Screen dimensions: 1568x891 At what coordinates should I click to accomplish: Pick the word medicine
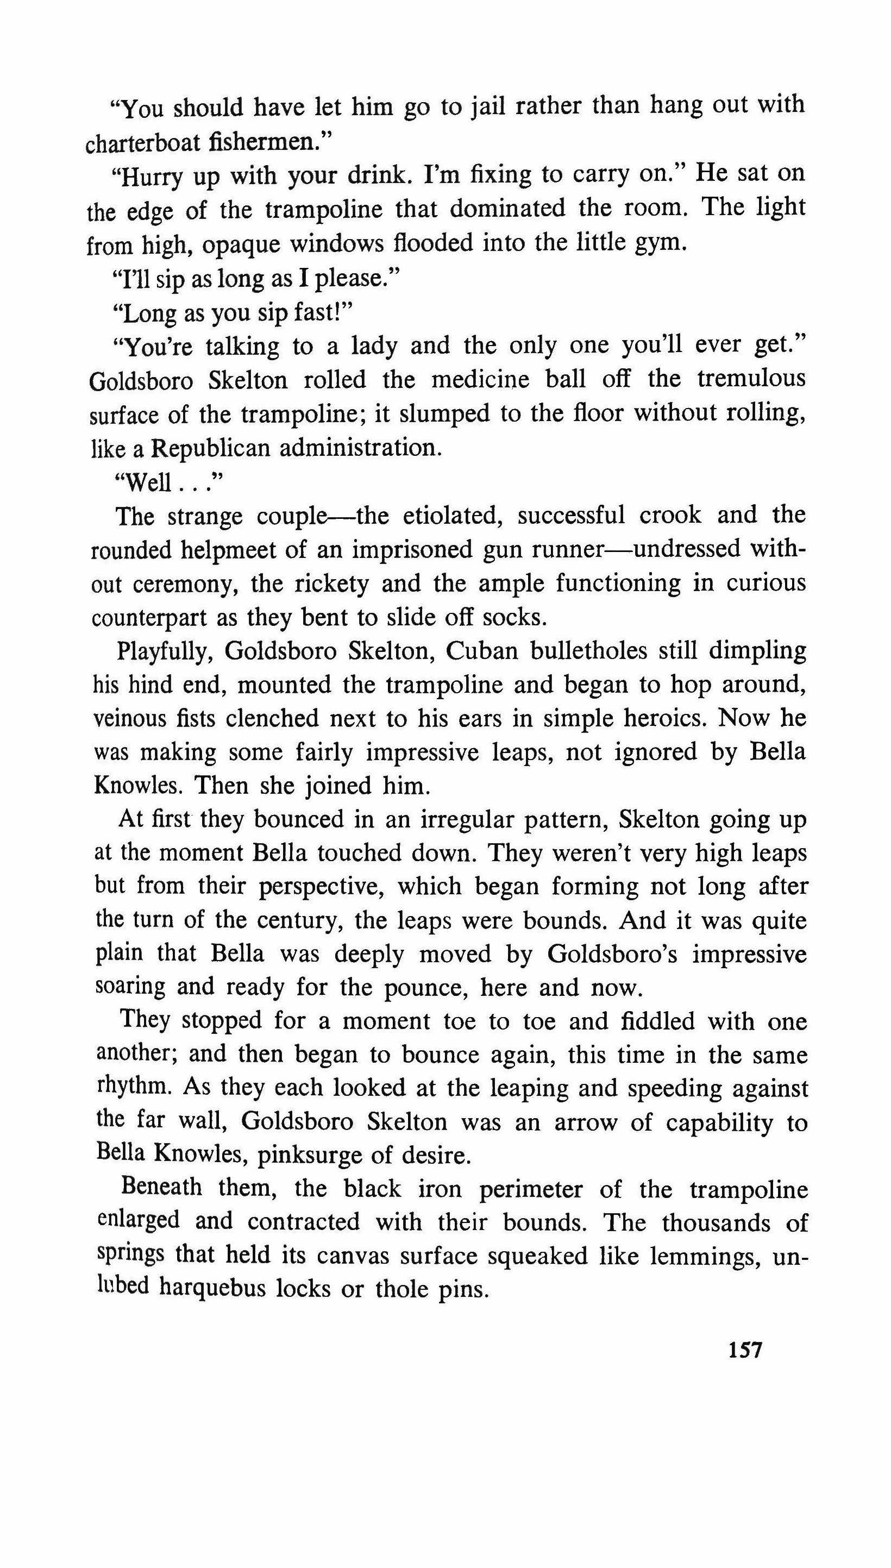(480, 380)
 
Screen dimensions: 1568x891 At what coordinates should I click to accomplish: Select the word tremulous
(751, 379)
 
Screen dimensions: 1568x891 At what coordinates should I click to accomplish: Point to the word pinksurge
(316, 1155)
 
